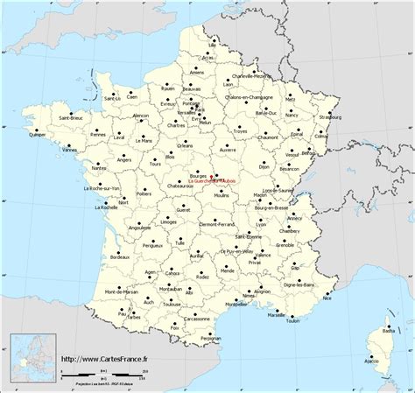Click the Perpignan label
(x=210, y=337)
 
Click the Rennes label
(x=98, y=135)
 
